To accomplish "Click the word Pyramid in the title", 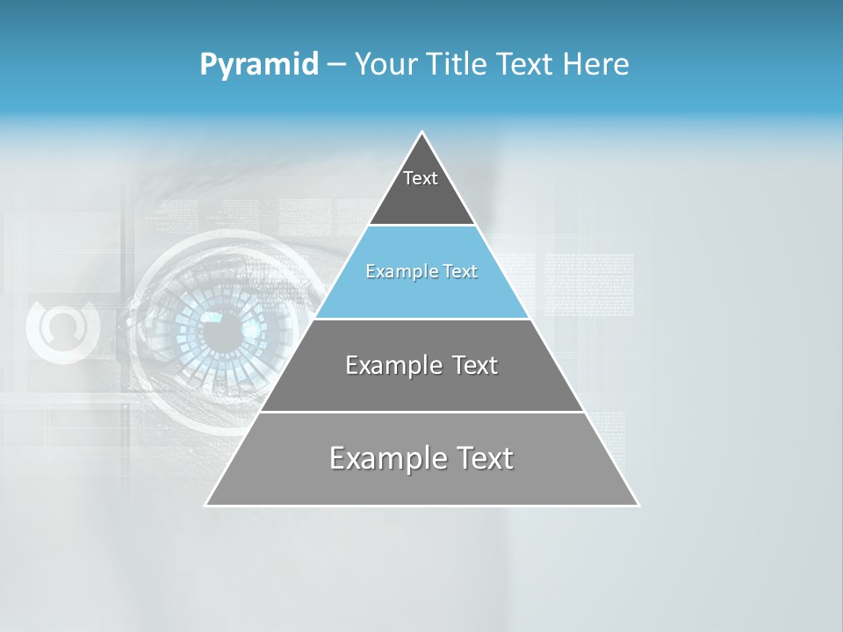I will (x=259, y=65).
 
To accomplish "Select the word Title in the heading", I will (x=458, y=65).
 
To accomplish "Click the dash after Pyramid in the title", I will (x=336, y=65).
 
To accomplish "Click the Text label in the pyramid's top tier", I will (x=421, y=178).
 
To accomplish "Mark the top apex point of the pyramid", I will (x=422, y=133).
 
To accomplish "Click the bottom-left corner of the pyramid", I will (x=206, y=505).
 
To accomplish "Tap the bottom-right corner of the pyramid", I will (x=638, y=505).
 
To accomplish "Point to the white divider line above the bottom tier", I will (x=421, y=412).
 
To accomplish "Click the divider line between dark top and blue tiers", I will (x=421, y=226).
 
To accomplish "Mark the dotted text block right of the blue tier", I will (x=588, y=284).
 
